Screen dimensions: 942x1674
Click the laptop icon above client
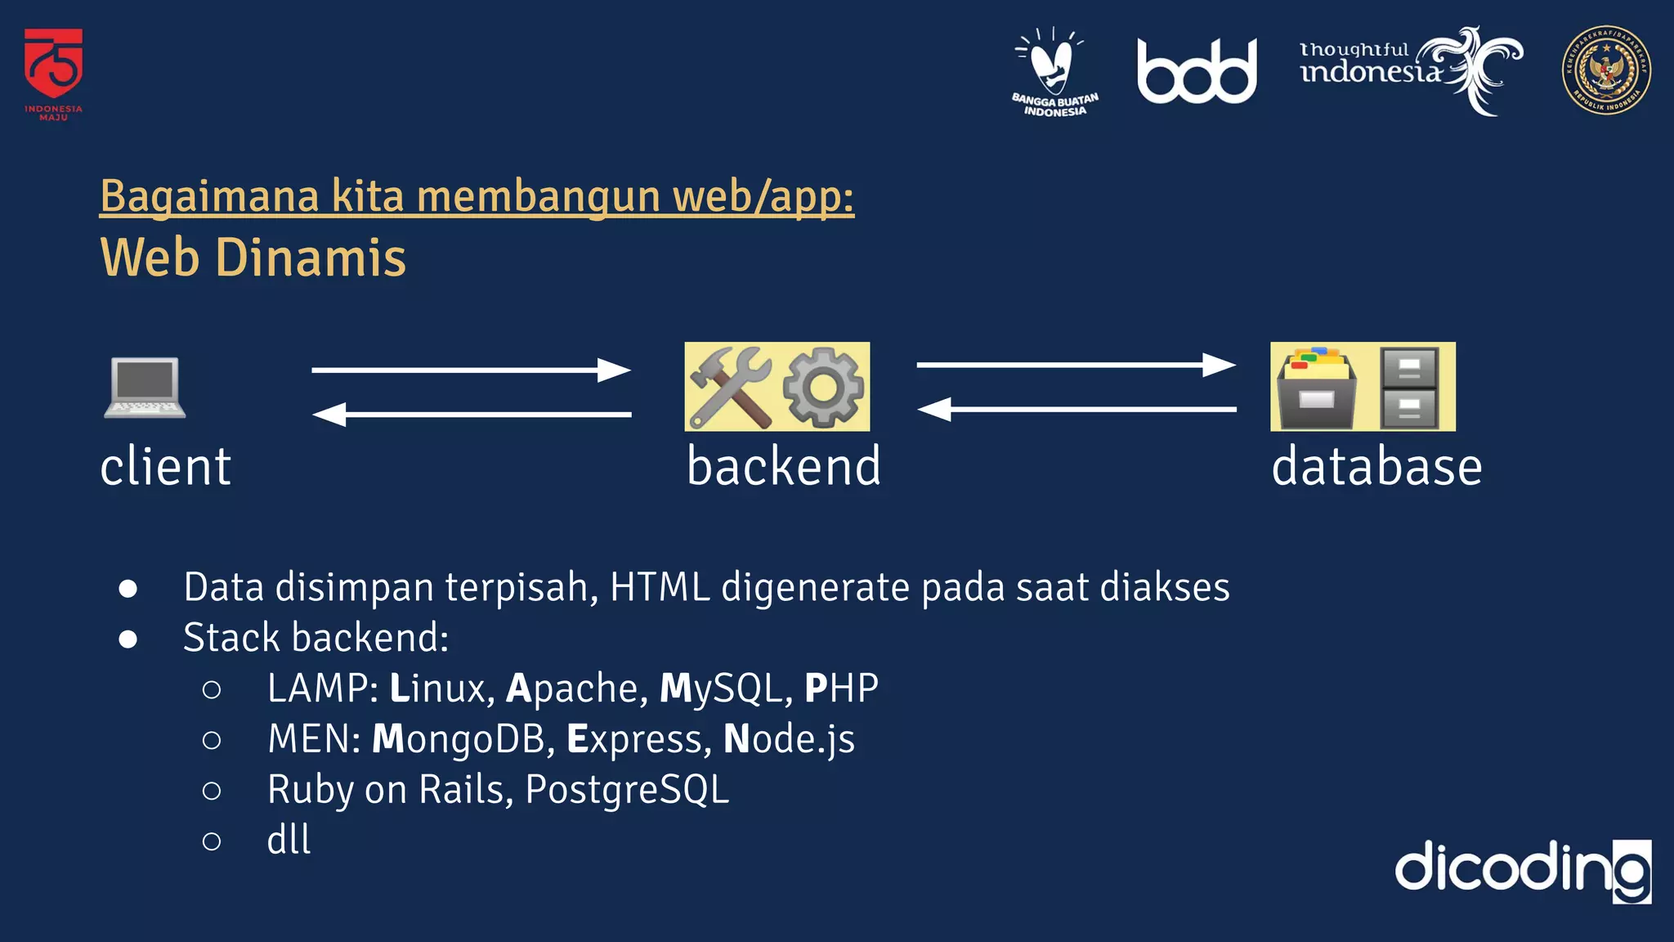coord(145,388)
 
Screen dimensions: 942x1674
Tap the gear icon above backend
coord(823,387)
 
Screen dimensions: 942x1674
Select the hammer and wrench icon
coord(730,387)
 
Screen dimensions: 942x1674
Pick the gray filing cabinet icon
coord(1408,388)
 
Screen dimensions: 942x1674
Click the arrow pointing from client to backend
coord(471,370)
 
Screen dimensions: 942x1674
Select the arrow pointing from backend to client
coord(471,415)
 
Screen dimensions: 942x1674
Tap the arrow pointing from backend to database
coord(1076,365)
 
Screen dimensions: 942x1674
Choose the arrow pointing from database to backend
coord(1076,409)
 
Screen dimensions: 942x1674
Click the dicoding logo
coord(1522,869)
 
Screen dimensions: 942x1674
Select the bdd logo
coord(1197,72)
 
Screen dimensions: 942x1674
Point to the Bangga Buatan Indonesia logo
coord(1054,72)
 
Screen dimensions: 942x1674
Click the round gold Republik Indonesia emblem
coord(1605,70)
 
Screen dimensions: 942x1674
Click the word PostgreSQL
coord(627,790)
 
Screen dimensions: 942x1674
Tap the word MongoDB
coord(459,739)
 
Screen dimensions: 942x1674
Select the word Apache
coord(572,689)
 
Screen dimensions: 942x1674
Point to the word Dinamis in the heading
coord(311,258)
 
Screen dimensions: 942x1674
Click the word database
coord(1376,467)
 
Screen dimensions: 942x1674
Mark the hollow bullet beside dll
coord(212,841)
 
